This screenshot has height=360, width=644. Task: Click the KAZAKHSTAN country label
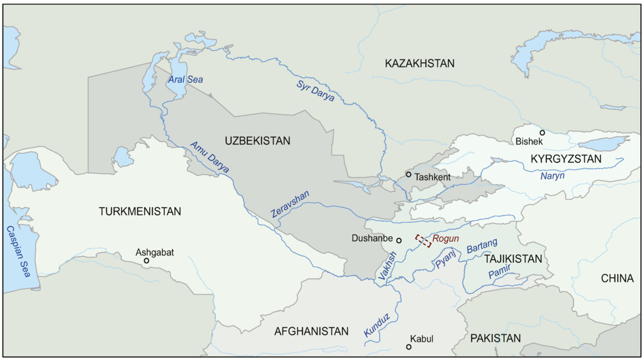419,64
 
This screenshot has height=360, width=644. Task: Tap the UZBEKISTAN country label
257,141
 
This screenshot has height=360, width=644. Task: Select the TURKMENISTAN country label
140,211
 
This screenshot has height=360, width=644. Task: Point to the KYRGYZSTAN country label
566,159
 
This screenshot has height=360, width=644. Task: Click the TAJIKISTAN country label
513,259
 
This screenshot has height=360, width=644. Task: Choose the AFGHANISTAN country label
311,332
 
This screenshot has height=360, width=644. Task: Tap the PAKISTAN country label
496,339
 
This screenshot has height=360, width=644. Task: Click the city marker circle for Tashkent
409,174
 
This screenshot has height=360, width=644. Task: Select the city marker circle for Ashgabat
147,261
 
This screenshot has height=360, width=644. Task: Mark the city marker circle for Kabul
409,347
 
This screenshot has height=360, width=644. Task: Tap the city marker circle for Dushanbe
399,240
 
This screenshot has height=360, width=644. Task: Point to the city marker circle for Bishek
542,133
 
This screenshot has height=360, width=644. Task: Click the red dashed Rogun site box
423,240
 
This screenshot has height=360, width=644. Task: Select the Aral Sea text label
186,80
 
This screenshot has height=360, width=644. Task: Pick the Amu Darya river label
210,159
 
